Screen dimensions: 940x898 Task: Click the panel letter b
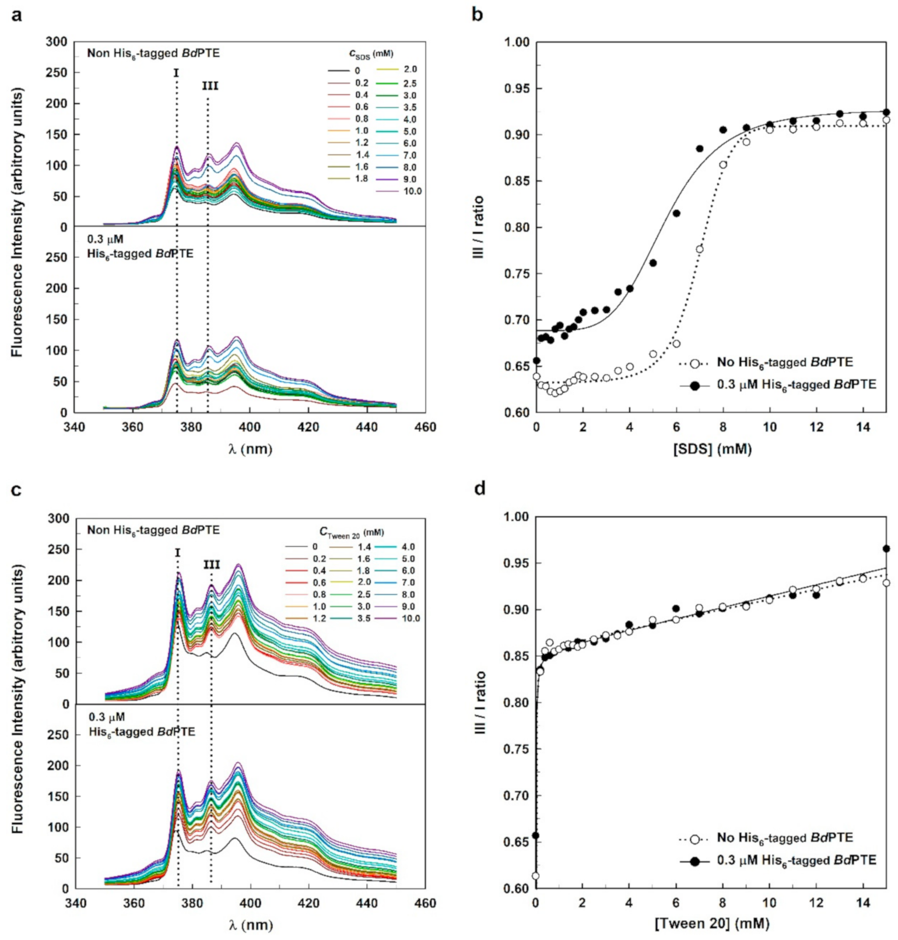click(x=477, y=14)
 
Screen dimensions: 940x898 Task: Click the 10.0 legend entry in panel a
click(x=412, y=191)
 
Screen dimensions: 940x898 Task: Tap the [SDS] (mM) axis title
click(x=712, y=450)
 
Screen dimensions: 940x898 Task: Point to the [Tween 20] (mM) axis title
click(x=712, y=924)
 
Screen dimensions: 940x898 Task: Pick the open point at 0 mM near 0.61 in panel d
click(x=536, y=876)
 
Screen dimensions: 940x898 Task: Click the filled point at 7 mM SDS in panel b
click(x=700, y=149)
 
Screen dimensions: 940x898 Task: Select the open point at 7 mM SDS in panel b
click(x=700, y=249)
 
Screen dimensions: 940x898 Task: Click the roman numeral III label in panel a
click(x=210, y=86)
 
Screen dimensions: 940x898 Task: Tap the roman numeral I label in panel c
click(x=177, y=552)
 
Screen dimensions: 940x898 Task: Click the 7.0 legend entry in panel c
click(x=408, y=583)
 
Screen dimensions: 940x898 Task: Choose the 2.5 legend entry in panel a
click(x=410, y=83)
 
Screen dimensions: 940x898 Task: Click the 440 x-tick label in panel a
click(x=367, y=427)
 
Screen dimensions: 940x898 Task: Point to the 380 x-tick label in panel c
click(x=192, y=903)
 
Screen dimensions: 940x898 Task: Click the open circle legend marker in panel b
click(x=694, y=363)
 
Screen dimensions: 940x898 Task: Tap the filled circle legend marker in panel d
click(x=694, y=861)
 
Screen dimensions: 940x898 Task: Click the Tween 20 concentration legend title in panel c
click(x=351, y=532)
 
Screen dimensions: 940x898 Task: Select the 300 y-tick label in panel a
click(x=58, y=42)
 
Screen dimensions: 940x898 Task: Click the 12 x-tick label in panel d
click(x=816, y=902)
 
